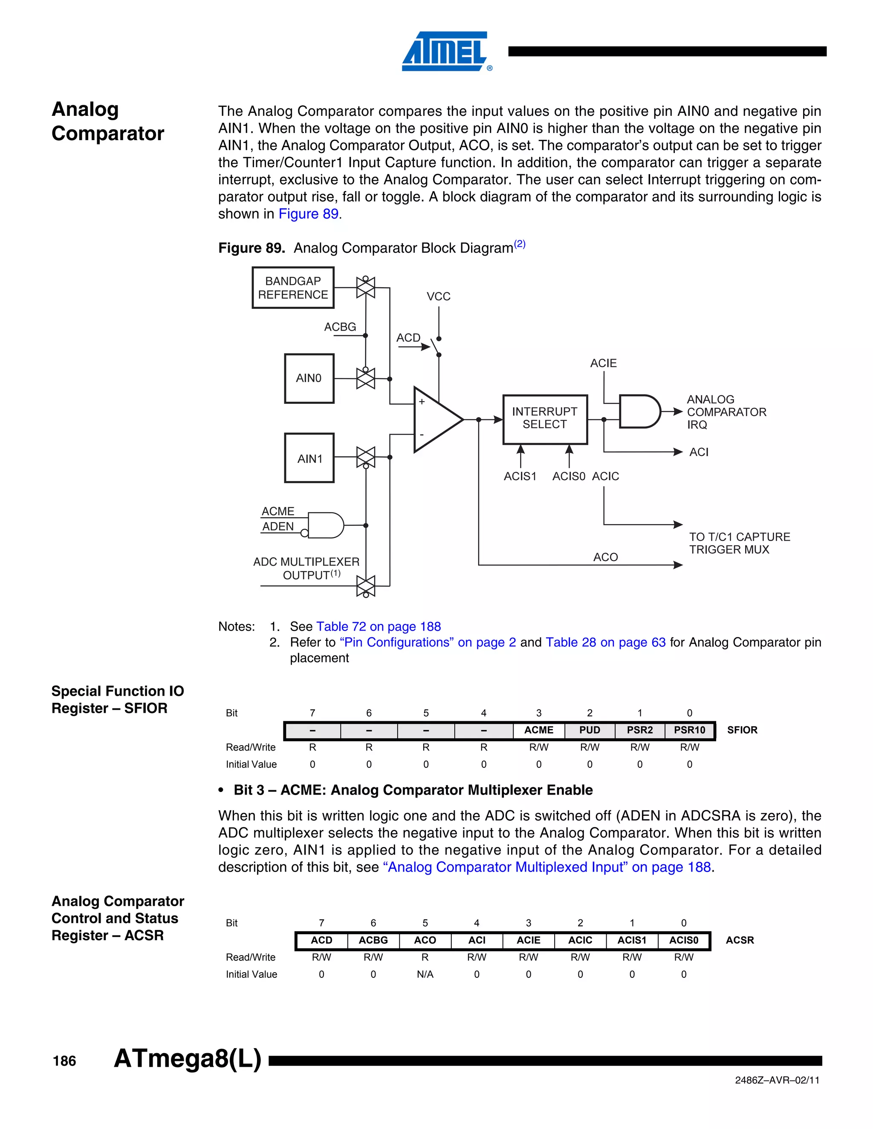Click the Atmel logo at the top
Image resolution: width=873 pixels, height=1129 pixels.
click(446, 51)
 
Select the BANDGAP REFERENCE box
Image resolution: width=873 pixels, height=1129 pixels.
click(293, 288)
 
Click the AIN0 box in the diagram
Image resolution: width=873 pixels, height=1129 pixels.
click(309, 378)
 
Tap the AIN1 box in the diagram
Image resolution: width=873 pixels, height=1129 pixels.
click(309, 458)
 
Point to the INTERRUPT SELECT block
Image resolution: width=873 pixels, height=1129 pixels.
click(545, 419)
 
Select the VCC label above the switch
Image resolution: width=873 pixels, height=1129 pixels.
click(438, 297)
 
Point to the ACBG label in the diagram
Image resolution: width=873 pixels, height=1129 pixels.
click(340, 327)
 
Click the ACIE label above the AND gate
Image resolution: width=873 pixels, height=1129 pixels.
click(603, 363)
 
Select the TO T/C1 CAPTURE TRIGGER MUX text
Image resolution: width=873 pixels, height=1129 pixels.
click(739, 543)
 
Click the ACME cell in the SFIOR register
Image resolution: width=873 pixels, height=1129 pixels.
click(538, 730)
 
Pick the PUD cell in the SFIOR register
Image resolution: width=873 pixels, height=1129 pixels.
click(589, 730)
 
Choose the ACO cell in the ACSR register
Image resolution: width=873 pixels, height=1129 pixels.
click(425, 940)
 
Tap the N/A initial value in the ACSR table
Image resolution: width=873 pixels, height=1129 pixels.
click(425, 974)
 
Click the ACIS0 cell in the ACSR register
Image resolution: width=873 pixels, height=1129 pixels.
click(683, 940)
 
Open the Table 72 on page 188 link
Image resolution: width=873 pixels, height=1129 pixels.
click(378, 627)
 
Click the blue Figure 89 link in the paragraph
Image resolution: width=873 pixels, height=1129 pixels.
click(308, 214)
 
